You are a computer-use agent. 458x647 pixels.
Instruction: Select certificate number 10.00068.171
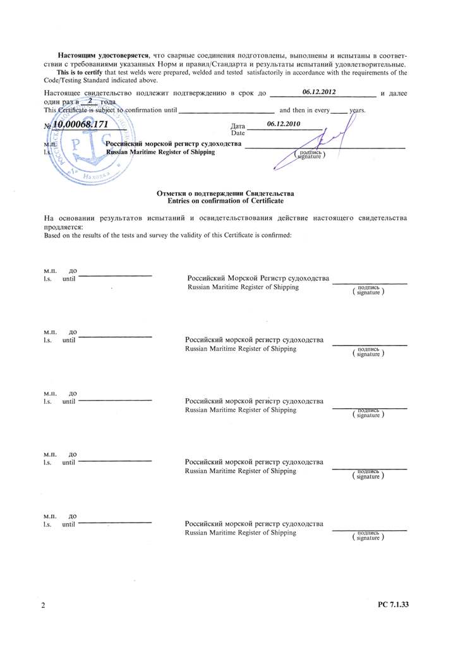tap(80, 124)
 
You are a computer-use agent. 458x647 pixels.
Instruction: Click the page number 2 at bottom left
tap(43, 606)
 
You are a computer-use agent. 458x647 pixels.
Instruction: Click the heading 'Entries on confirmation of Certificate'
tap(226, 200)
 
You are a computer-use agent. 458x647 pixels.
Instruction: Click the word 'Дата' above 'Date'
tap(238, 126)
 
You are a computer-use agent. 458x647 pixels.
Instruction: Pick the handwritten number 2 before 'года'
tap(90, 100)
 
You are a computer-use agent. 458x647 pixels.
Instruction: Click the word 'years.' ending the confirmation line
tap(358, 110)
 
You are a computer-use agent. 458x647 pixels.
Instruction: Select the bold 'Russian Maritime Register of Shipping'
tap(160, 152)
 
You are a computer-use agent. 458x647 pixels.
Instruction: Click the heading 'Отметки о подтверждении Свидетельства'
tap(226, 193)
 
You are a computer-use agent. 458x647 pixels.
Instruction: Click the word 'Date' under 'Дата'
tap(238, 133)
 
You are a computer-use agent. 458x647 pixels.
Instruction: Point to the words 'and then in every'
tap(304, 110)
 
